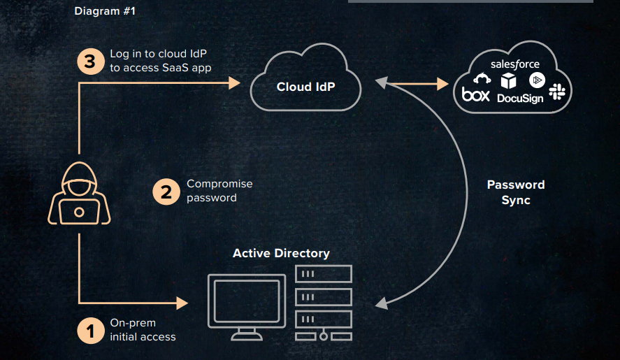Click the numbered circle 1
click(89, 330)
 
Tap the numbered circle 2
click(166, 191)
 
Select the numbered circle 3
click(89, 61)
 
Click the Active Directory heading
click(281, 253)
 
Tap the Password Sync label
click(516, 192)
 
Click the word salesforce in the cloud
click(514, 64)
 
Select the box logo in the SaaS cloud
click(476, 94)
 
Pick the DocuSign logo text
click(520, 99)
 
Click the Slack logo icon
click(557, 92)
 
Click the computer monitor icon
click(247, 302)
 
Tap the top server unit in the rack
click(323, 274)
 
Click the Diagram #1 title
click(104, 11)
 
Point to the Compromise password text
click(219, 191)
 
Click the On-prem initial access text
click(143, 330)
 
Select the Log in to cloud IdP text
click(161, 61)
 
